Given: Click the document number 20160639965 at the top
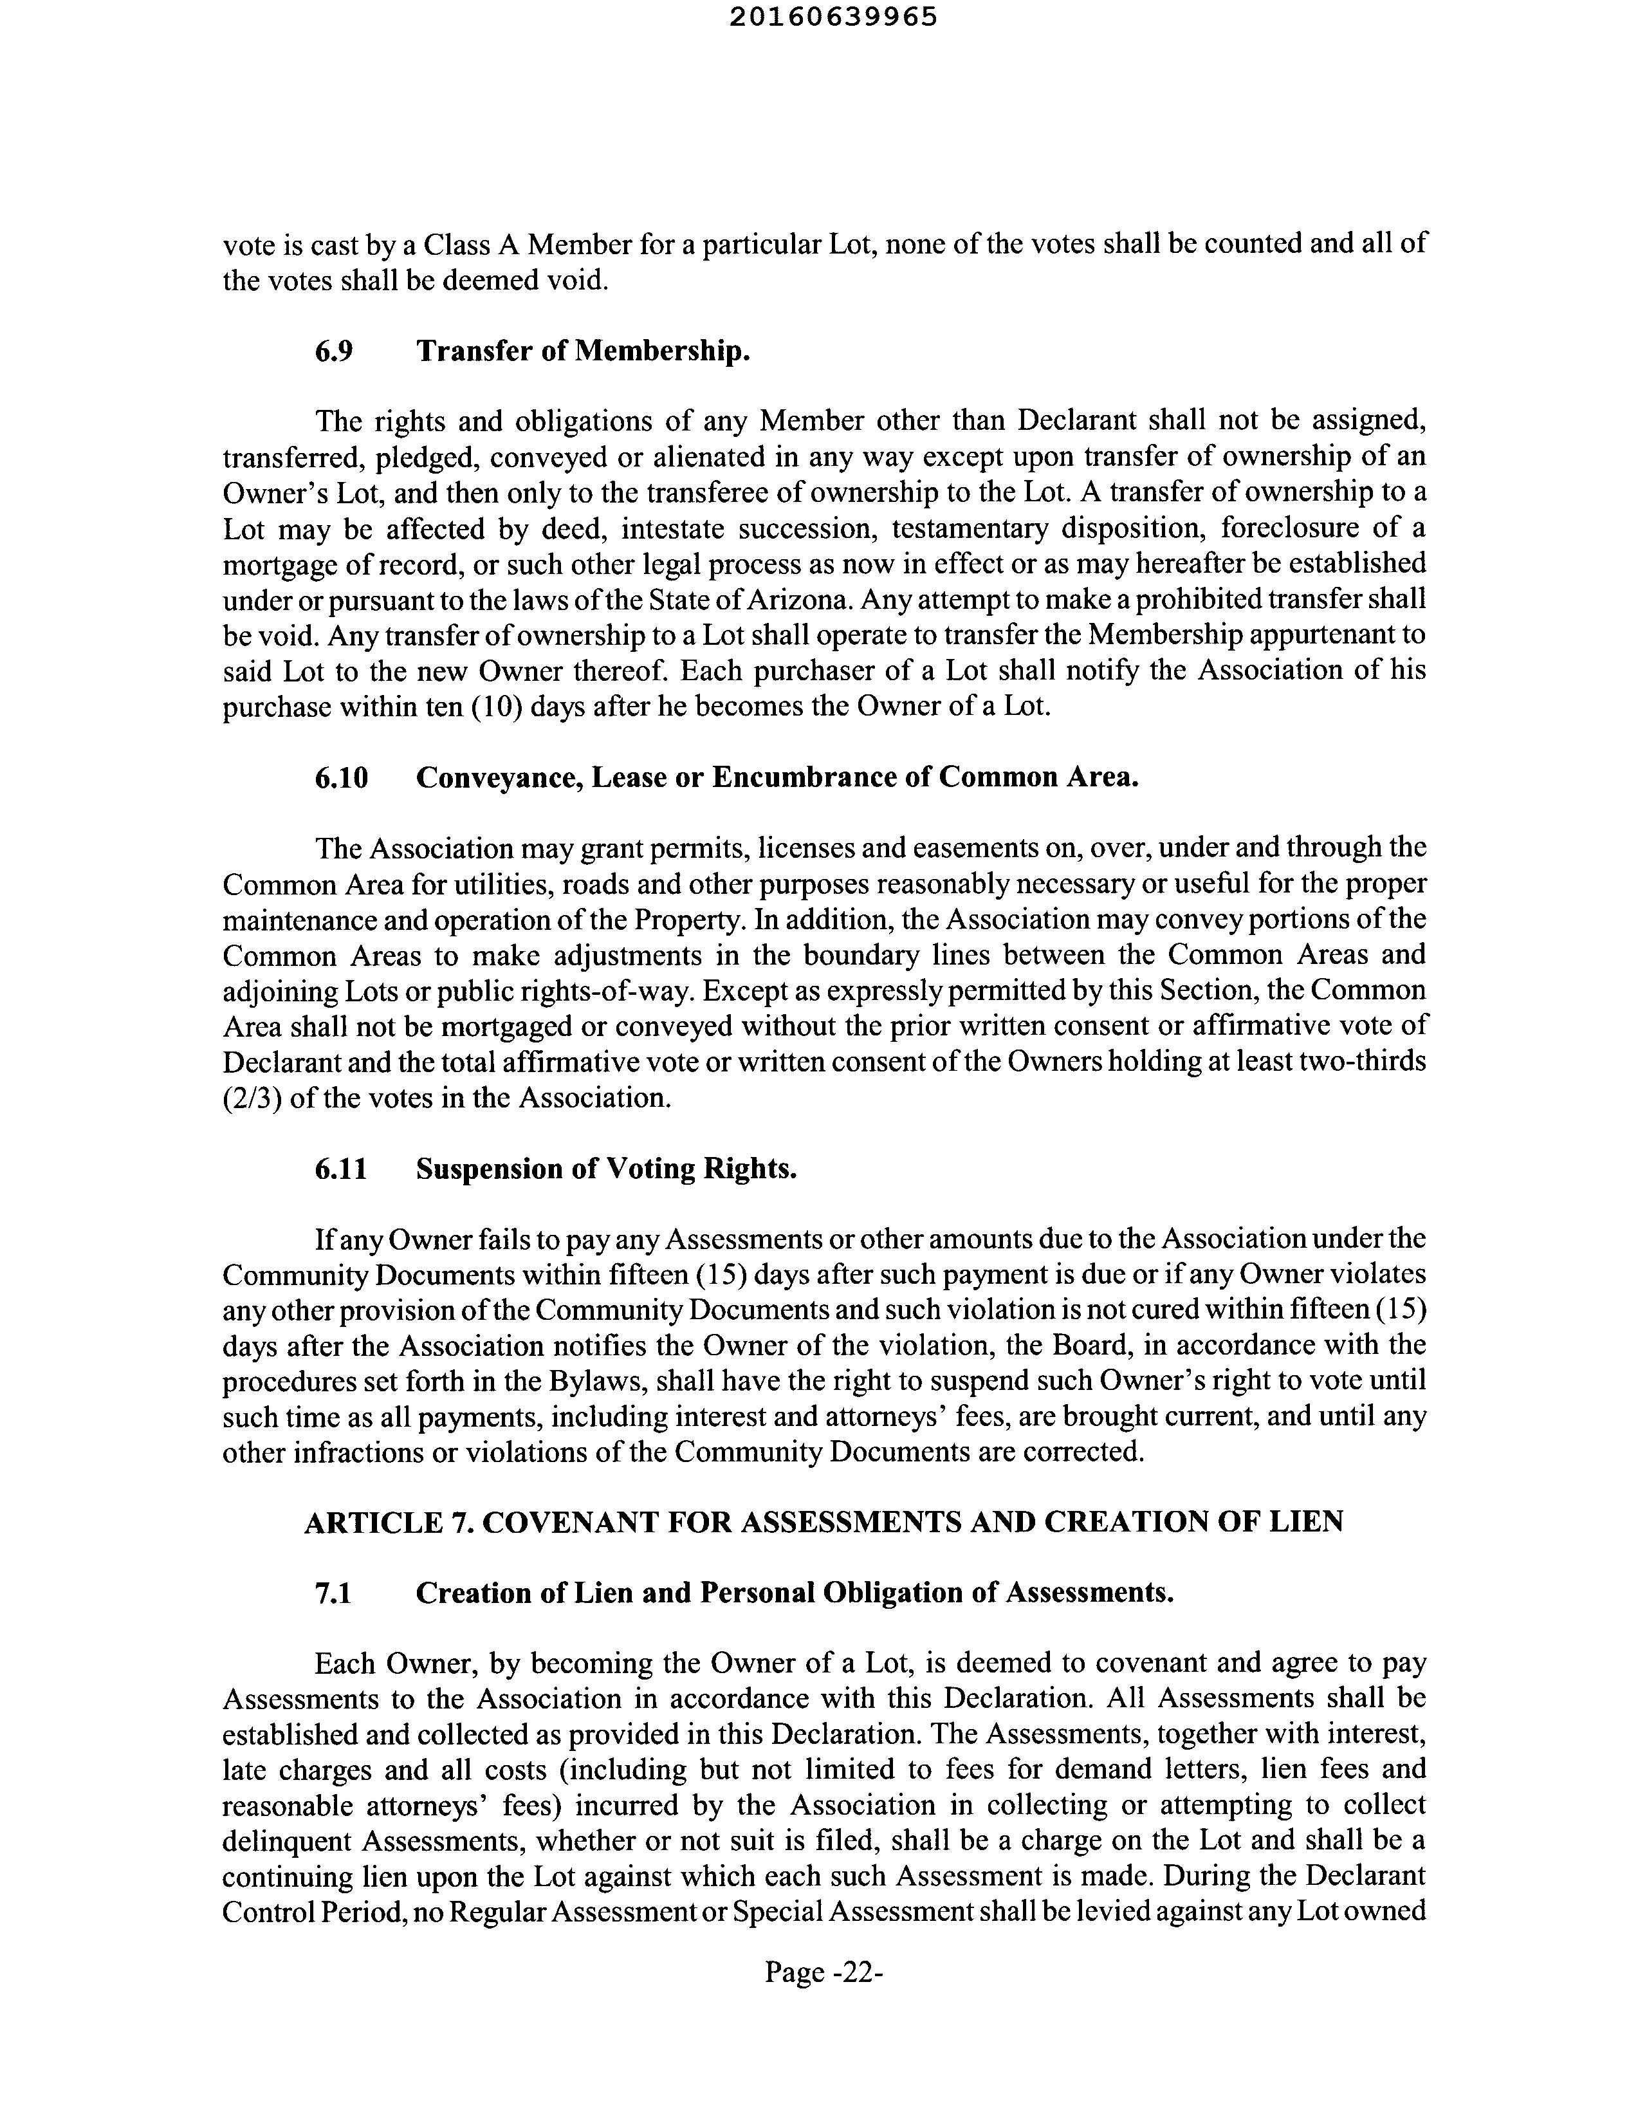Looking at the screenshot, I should pos(833,17).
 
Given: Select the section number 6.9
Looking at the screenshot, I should pos(333,351).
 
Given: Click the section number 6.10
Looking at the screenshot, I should pos(341,778).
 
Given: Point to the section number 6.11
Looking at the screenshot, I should pos(341,1169).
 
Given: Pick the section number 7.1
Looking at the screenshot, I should pos(333,1594).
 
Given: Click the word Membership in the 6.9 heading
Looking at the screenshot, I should pos(662,351).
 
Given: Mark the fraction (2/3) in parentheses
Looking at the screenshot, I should pos(252,1098).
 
